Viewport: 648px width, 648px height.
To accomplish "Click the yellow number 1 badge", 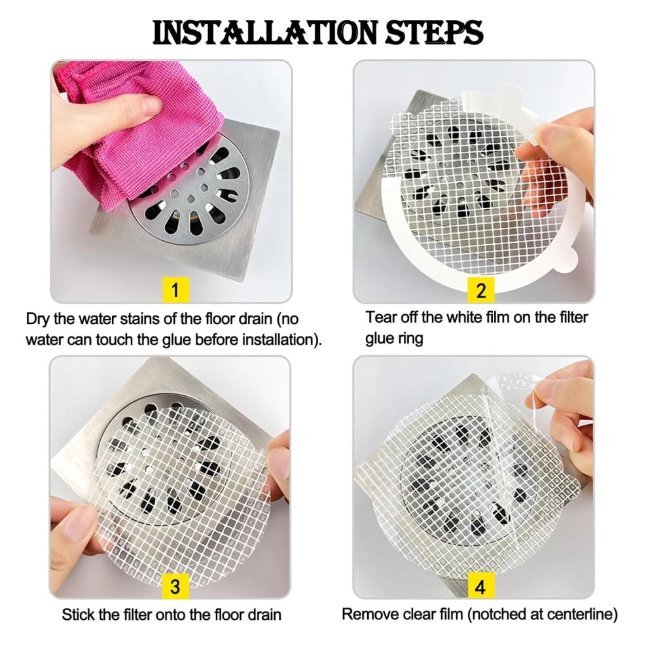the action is tap(175, 290).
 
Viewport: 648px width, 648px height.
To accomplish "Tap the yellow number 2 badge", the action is tap(480, 290).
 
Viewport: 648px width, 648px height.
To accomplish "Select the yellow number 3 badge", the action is tap(175, 586).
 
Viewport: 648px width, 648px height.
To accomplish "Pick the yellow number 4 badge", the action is tap(481, 586).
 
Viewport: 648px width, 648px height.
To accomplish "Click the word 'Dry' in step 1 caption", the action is tap(38, 319).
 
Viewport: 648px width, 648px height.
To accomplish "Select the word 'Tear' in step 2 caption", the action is tap(380, 317).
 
